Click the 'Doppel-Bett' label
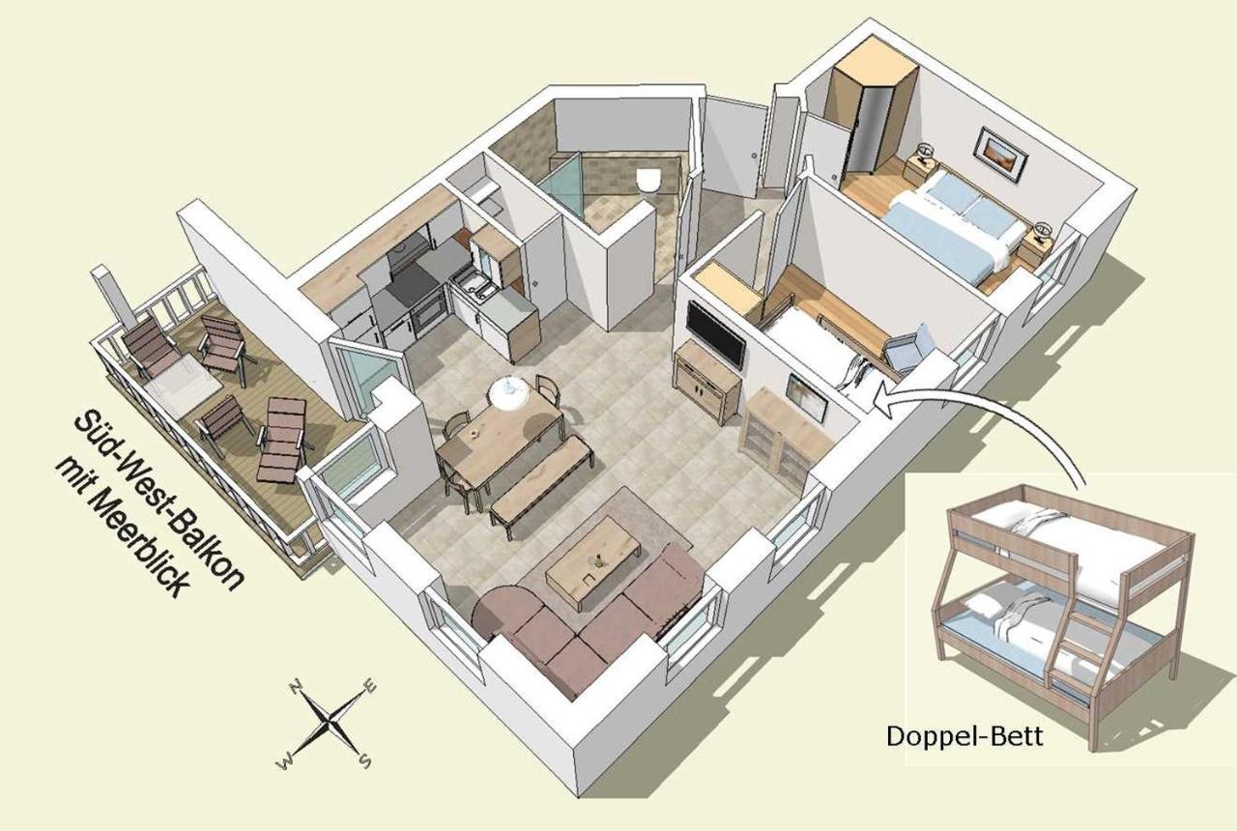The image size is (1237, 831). tap(964, 736)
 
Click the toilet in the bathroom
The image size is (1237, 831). tap(648, 180)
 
